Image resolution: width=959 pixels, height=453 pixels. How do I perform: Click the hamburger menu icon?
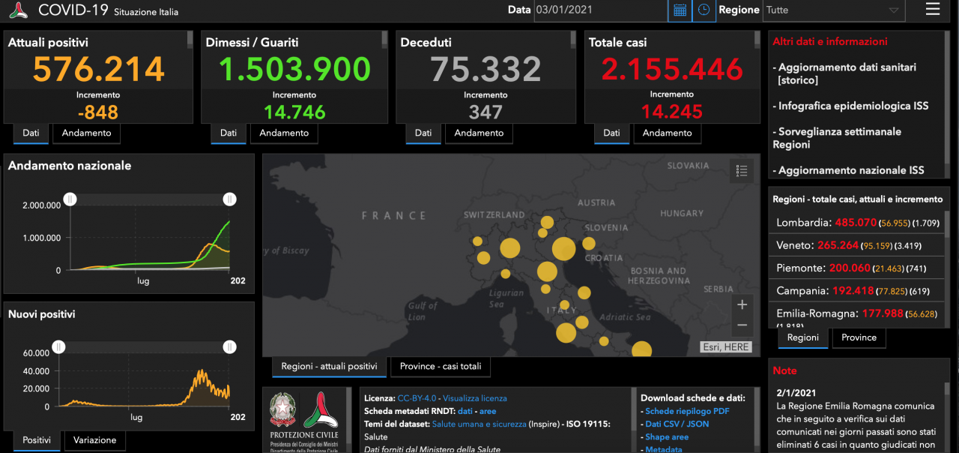click(933, 9)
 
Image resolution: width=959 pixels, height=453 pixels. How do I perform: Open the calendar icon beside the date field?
click(680, 10)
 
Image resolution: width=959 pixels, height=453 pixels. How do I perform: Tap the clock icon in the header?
click(704, 10)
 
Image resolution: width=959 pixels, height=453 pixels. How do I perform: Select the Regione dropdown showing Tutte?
click(832, 10)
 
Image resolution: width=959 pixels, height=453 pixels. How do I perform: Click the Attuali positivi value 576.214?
click(98, 70)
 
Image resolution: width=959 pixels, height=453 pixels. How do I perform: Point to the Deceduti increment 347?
click(485, 112)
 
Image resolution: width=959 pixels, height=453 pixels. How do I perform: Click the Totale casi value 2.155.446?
click(671, 70)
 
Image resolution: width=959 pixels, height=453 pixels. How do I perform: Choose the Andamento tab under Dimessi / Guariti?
click(284, 133)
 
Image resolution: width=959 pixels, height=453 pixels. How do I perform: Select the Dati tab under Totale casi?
click(611, 133)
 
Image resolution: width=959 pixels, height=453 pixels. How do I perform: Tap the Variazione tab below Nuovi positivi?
click(94, 440)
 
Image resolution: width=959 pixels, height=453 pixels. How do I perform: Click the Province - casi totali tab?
click(441, 366)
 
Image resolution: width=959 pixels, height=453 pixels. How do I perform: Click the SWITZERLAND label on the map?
click(494, 214)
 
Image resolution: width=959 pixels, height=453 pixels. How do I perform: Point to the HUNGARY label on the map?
click(682, 214)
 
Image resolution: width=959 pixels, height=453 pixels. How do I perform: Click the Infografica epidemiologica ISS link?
click(853, 106)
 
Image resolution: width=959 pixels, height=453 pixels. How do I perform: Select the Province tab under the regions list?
click(859, 337)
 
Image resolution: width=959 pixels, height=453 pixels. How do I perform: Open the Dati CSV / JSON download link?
click(677, 424)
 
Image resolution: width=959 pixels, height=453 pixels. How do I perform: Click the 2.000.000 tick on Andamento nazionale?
click(42, 205)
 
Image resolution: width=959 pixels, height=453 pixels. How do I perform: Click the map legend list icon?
click(742, 171)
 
